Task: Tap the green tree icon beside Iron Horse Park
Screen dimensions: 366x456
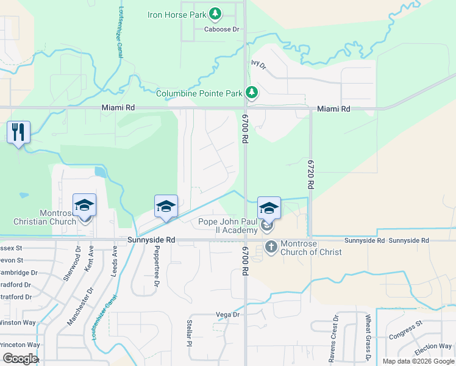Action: [x=215, y=13]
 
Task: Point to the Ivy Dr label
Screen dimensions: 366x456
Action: [x=259, y=64]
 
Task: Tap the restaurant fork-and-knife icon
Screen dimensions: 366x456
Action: [x=18, y=132]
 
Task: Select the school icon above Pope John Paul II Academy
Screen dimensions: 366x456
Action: [x=268, y=208]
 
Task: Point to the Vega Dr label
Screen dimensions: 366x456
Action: [x=228, y=315]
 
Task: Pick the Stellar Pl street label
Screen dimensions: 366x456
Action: [x=190, y=342]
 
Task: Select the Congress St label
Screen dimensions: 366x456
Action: [x=405, y=331]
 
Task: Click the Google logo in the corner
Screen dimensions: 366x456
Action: [x=20, y=359]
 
